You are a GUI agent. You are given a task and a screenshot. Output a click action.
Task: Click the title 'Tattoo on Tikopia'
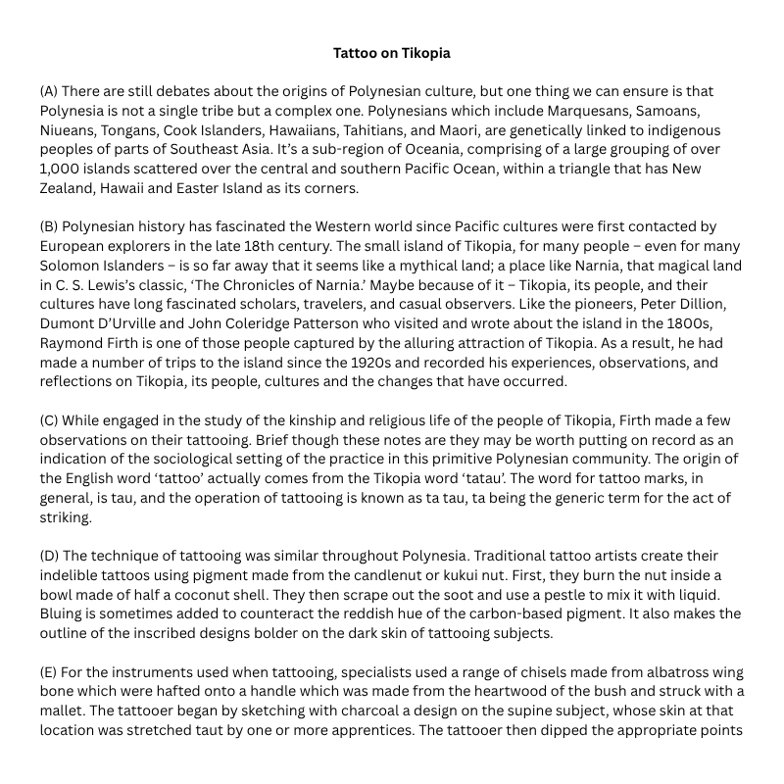[391, 52]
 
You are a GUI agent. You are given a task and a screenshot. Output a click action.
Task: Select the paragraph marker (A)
[49, 91]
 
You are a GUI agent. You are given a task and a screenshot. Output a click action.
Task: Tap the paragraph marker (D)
[49, 556]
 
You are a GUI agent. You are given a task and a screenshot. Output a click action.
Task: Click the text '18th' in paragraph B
[286, 246]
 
